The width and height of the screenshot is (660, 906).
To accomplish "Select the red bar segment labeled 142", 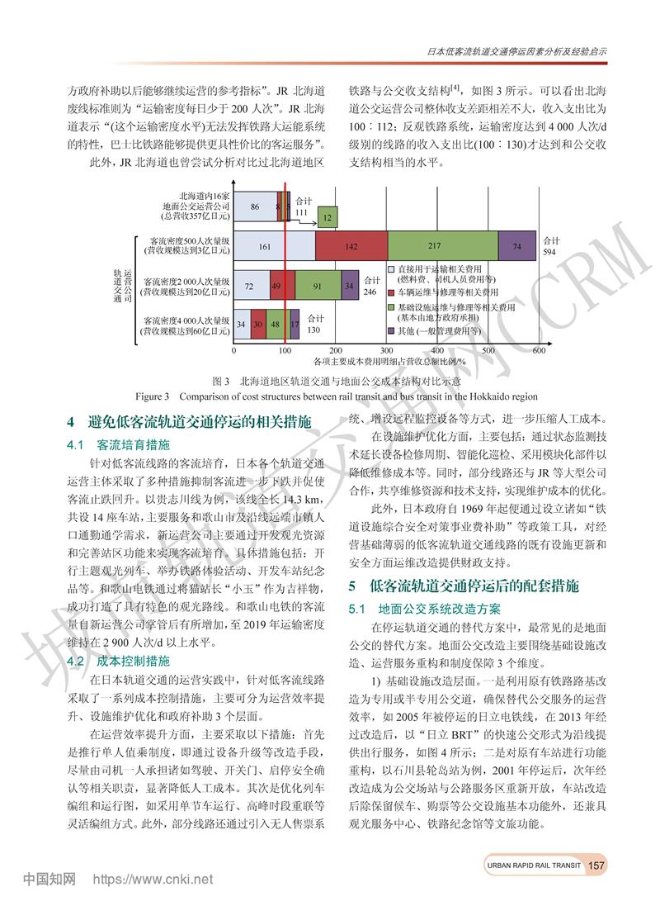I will pos(351,247).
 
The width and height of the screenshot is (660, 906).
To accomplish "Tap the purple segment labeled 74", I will pos(516,247).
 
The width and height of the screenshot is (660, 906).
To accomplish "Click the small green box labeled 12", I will pos(328,217).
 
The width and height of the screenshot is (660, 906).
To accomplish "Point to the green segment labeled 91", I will pos(317,285).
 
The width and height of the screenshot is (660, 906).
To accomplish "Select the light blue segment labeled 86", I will pos(256,206).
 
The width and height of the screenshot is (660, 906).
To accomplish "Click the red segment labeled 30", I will pos(257,324).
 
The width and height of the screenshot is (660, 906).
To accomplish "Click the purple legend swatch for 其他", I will pos(392,330).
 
